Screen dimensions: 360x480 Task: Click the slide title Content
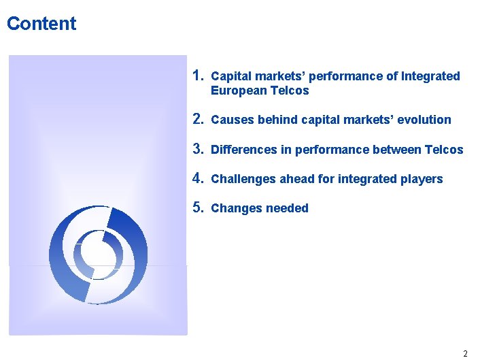pyautogui.click(x=41, y=24)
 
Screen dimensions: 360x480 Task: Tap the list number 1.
pyautogui.click(x=198, y=75)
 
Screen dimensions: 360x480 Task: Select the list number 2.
pyautogui.click(x=198, y=119)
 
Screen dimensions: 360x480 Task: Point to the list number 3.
pyautogui.click(x=198, y=148)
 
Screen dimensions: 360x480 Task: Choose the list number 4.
pyautogui.click(x=198, y=178)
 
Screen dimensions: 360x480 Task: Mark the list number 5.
pyautogui.click(x=198, y=208)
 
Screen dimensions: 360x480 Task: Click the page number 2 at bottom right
pyautogui.click(x=465, y=353)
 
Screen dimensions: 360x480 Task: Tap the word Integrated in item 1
pyautogui.click(x=430, y=76)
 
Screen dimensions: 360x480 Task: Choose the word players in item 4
pyautogui.click(x=422, y=179)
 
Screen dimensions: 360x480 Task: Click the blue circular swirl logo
pyautogui.click(x=98, y=253)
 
